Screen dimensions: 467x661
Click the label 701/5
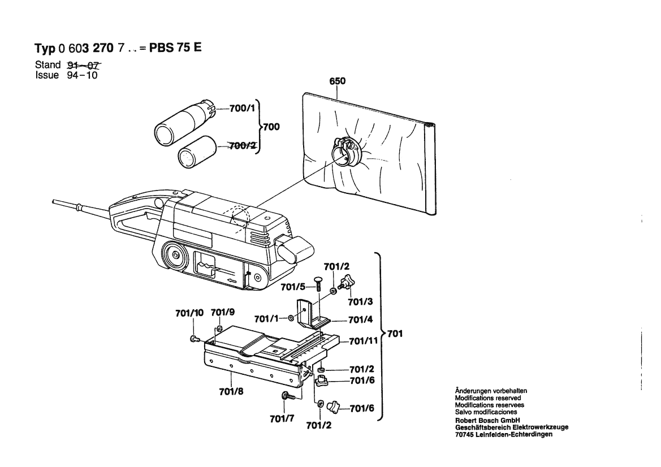pyautogui.click(x=293, y=287)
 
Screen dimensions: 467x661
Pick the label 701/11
pyautogui.click(x=363, y=341)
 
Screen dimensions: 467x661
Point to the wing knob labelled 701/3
pyautogui.click(x=344, y=283)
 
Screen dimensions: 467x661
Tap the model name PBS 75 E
pyautogui.click(x=175, y=48)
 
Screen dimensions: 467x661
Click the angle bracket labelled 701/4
pyautogui.click(x=310, y=317)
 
